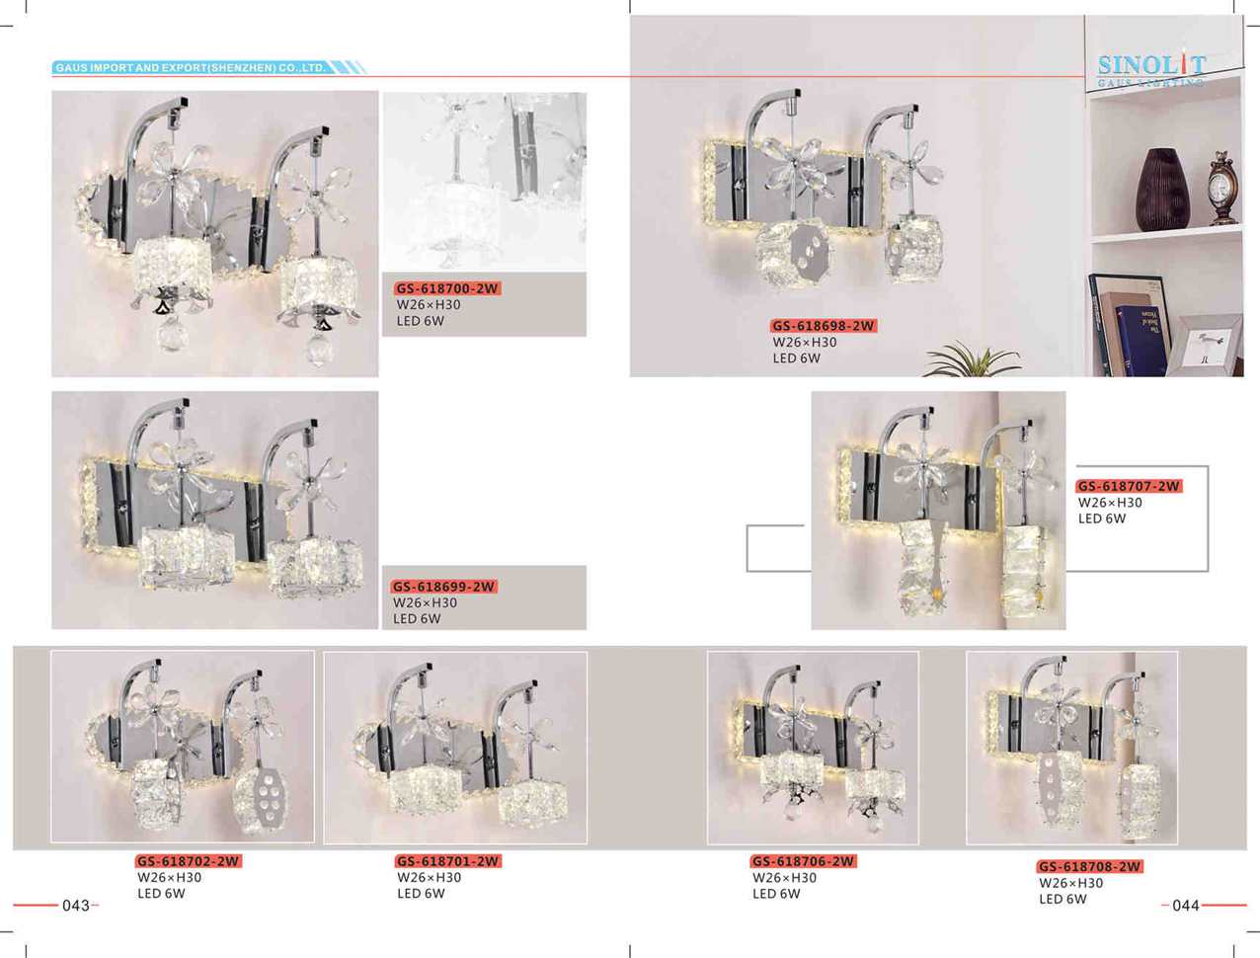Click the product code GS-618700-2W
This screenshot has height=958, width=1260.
[x=447, y=288]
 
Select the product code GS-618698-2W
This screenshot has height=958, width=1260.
[x=824, y=326]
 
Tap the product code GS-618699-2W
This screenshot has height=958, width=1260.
[x=443, y=586]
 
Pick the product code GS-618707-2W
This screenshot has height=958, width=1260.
[x=1129, y=486]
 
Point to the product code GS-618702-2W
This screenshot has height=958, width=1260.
[x=189, y=861]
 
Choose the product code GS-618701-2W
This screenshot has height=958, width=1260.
[x=448, y=861]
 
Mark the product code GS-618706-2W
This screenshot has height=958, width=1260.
[x=804, y=861]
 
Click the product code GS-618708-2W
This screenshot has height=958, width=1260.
[x=1089, y=867]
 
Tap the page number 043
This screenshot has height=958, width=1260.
[x=76, y=906]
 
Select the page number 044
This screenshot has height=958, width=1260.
[x=1186, y=906]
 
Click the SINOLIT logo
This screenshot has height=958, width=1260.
[x=1151, y=70]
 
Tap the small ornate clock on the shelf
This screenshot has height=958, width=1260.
[x=1222, y=188]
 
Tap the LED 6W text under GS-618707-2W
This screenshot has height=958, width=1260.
[x=1102, y=519]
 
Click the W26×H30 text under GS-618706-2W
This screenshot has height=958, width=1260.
[x=784, y=878]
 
